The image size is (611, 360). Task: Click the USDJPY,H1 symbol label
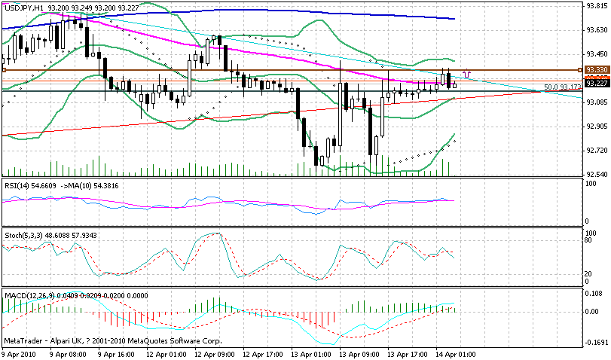coord(23,6)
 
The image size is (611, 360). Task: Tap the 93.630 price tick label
coord(597,29)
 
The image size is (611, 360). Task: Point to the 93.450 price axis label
coord(597,53)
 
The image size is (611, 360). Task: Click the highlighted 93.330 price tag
coord(597,69)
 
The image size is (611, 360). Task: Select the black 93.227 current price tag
coord(597,83)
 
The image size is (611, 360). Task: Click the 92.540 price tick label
coord(597,175)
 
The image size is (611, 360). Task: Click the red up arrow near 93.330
coord(467,73)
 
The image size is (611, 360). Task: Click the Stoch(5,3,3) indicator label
coord(23,235)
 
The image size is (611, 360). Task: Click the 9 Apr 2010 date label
coord(20,353)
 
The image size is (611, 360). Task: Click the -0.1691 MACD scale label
coord(597,340)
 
